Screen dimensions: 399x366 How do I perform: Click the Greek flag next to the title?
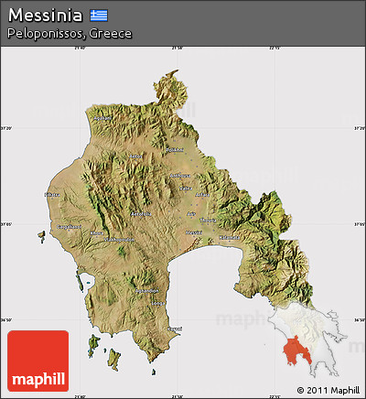(x=99, y=16)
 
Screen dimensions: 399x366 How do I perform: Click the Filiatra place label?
(x=53, y=195)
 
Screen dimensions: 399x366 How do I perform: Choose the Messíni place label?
(x=193, y=232)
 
